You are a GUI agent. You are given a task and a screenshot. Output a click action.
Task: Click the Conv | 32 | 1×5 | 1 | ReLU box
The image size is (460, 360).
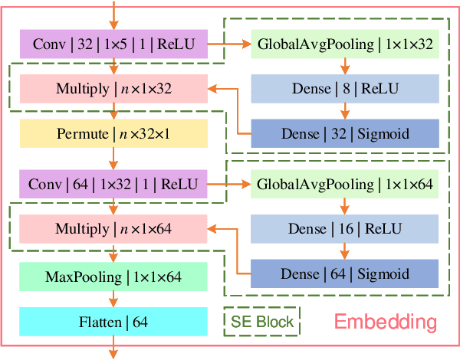113,44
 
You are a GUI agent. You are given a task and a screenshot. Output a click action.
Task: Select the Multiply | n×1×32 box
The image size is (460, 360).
113,88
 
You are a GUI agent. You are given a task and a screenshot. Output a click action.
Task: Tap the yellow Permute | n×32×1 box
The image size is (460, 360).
113,134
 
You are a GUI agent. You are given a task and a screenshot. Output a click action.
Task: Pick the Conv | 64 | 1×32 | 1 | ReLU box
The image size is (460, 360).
113,184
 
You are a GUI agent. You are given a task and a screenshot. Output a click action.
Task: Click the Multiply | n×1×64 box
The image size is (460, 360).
113,228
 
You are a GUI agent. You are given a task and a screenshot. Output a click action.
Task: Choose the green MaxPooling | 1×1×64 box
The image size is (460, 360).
113,276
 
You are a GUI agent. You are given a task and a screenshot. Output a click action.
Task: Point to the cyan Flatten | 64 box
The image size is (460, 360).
113,322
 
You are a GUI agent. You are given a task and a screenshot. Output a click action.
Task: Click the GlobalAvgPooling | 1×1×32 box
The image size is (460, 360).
344,44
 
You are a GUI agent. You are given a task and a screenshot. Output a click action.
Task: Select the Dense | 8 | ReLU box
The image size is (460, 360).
344,88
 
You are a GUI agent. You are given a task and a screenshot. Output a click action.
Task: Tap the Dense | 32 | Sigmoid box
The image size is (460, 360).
344,134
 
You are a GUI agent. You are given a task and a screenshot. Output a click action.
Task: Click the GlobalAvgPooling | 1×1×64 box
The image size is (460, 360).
344,184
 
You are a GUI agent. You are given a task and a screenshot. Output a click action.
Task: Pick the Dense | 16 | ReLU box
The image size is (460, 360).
344,228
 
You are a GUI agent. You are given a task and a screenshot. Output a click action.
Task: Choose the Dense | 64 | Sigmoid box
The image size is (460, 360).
344,273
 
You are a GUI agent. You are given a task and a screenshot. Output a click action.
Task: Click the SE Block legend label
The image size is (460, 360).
262,322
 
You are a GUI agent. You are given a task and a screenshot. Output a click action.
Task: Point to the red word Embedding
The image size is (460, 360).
385,322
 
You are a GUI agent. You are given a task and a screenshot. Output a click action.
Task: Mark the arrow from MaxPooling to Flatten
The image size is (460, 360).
113,299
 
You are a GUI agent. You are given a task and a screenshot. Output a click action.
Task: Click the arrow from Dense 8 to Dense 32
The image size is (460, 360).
344,111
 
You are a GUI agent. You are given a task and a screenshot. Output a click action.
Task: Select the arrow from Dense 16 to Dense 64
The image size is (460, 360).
344,250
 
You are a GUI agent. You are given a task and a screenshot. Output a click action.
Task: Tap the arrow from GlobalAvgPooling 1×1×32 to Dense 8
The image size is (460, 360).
344,66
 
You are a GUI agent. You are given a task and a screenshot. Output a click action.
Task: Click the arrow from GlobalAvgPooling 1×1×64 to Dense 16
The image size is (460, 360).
344,206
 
